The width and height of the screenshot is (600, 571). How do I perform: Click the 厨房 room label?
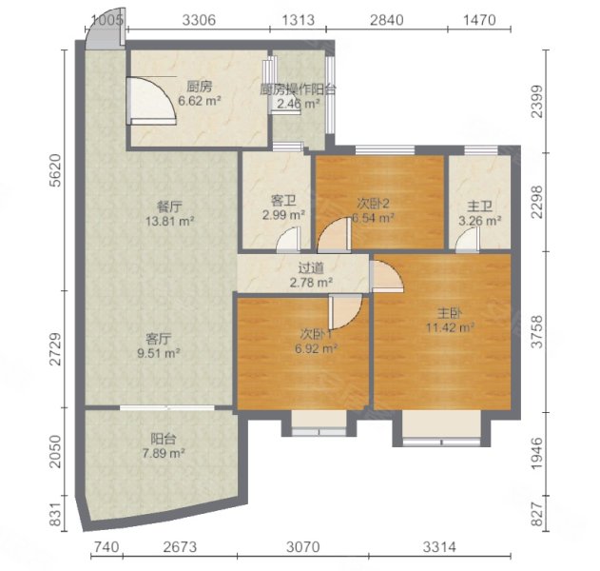click(199, 87)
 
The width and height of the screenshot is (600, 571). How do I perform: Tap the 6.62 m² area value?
click(200, 101)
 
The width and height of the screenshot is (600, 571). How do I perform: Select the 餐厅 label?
click(169, 207)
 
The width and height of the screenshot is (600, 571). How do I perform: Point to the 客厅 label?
click(159, 339)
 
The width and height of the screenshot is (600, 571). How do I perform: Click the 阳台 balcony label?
click(164, 439)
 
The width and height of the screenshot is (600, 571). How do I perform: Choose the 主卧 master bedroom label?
click(450, 313)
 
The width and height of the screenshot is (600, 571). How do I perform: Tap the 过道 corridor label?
click(311, 268)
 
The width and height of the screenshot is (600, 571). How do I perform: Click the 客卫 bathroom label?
click(283, 200)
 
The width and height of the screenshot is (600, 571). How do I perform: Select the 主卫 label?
click(480, 207)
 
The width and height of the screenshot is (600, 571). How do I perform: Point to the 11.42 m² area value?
click(451, 327)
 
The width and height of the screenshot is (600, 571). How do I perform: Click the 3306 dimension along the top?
click(199, 20)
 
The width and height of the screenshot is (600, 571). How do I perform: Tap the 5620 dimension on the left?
click(56, 170)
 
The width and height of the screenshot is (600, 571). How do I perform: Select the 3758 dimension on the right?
click(537, 331)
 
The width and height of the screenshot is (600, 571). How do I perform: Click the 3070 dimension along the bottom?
click(303, 546)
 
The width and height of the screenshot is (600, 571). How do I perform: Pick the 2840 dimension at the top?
click(386, 20)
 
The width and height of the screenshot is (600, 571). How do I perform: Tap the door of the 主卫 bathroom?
click(468, 240)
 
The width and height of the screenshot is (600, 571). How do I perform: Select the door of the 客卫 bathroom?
click(288, 240)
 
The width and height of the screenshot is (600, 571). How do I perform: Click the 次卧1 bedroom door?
click(345, 312)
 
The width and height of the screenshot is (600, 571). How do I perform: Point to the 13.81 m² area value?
click(169, 221)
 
